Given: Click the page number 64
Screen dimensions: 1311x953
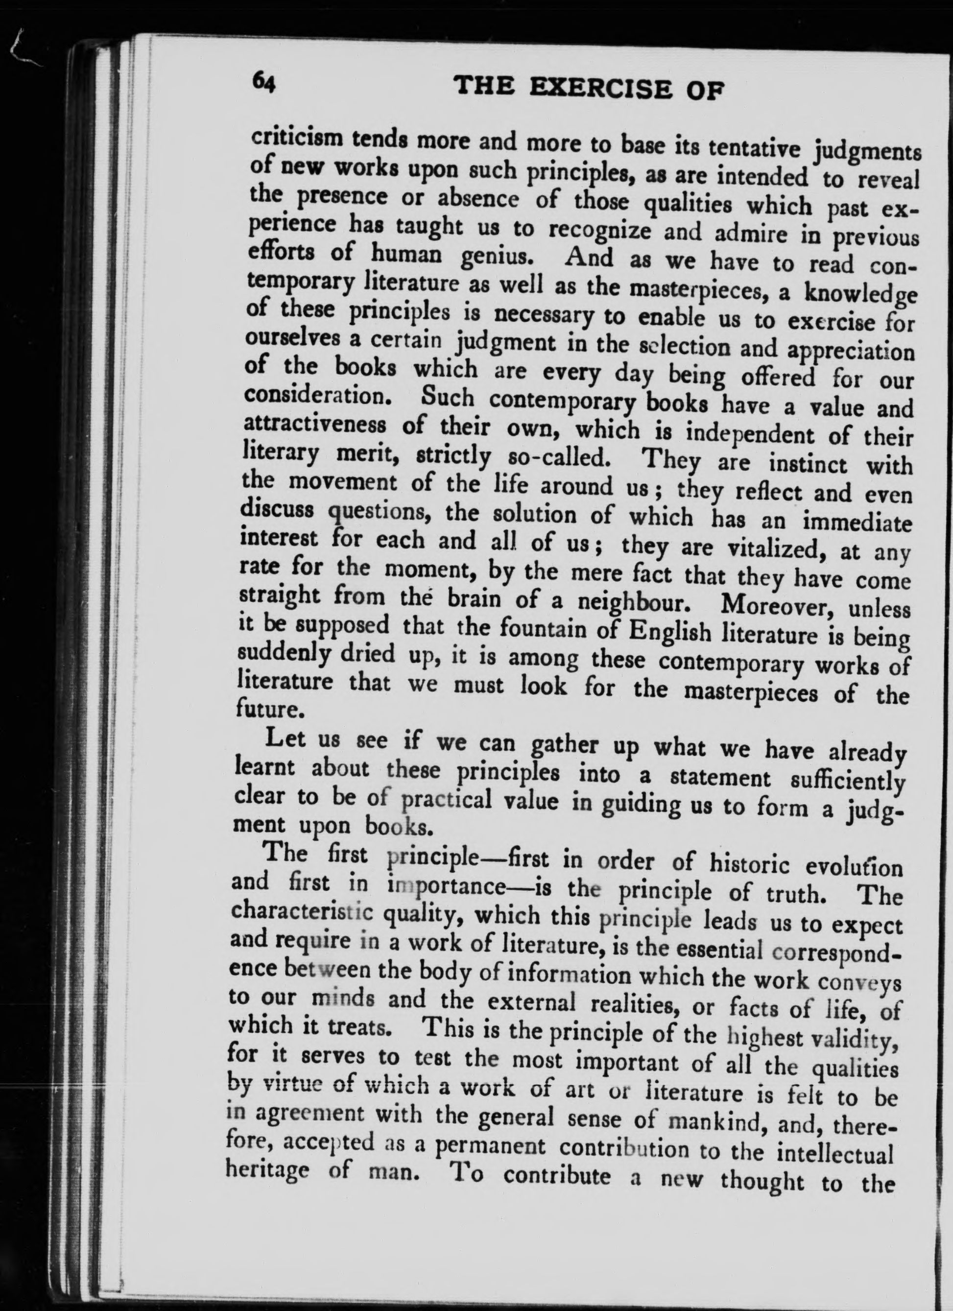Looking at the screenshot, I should [x=264, y=84].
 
